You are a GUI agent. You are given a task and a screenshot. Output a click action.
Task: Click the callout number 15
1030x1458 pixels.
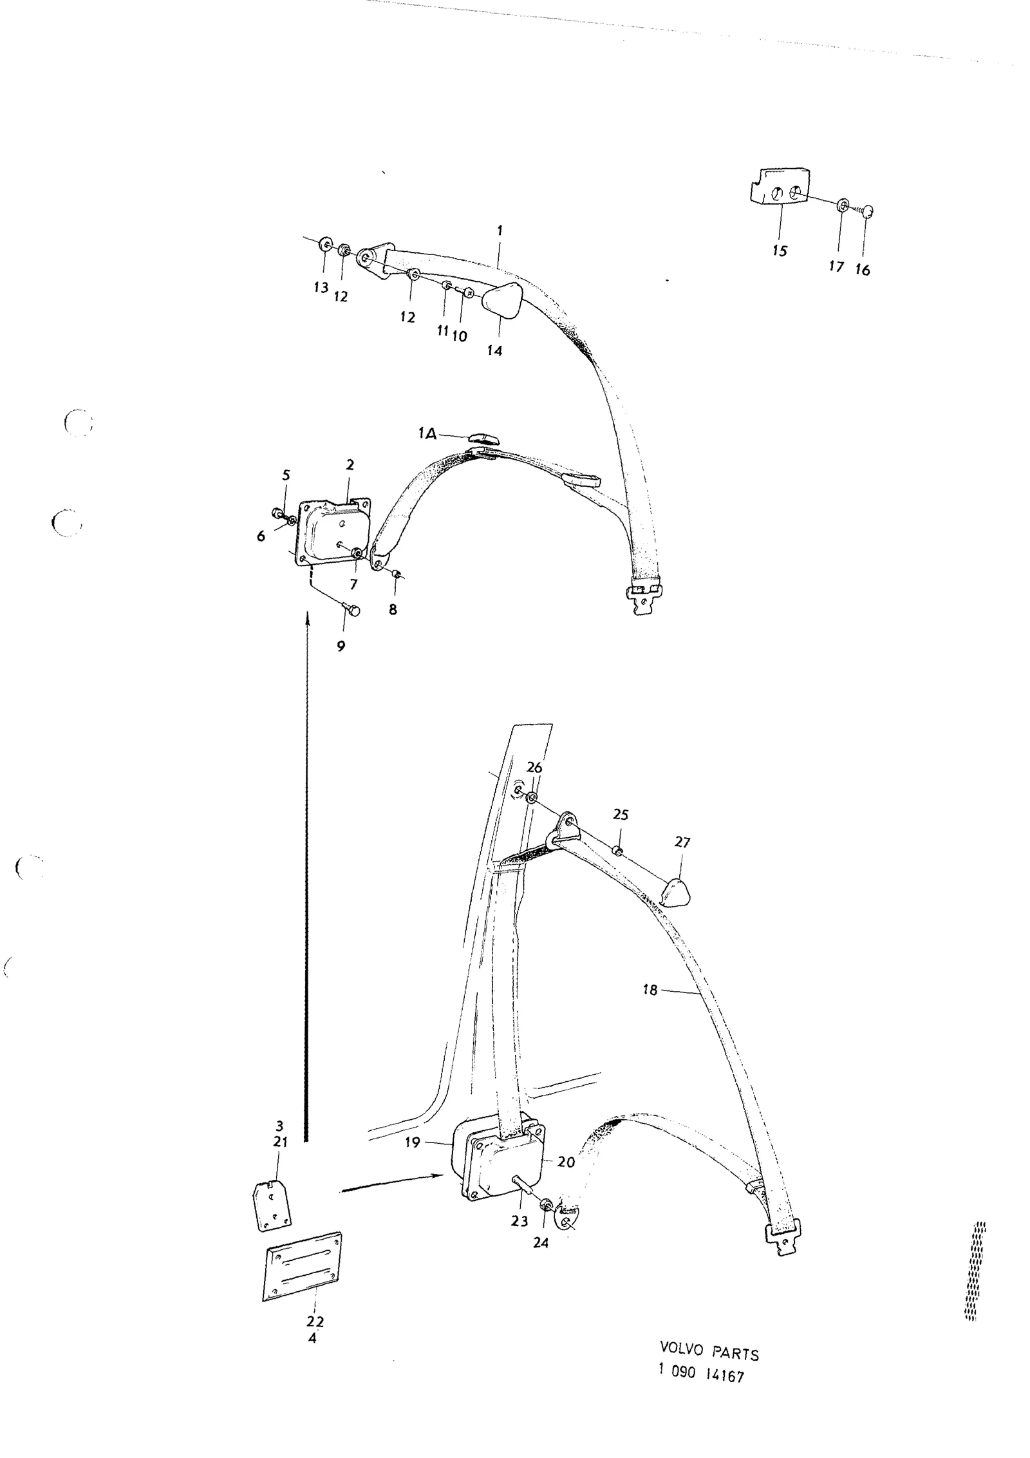click(780, 251)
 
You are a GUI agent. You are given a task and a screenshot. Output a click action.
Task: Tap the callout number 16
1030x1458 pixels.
click(863, 270)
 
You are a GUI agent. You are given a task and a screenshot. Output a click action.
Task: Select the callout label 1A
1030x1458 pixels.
click(427, 434)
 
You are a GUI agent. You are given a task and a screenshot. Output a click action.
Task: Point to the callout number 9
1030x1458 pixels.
click(341, 646)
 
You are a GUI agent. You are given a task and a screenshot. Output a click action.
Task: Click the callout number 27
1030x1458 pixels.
click(682, 842)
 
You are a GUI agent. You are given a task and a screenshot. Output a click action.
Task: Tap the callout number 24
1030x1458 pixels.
click(541, 1243)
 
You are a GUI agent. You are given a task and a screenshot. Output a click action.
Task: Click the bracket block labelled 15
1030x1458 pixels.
click(778, 187)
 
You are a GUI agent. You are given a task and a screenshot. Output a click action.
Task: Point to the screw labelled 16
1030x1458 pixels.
click(864, 211)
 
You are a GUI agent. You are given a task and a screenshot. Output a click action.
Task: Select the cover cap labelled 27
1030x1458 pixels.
click(674, 893)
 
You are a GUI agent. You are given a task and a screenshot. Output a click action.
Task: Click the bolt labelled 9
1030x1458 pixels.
click(351, 607)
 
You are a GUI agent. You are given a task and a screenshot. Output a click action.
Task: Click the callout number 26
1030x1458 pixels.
click(534, 768)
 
